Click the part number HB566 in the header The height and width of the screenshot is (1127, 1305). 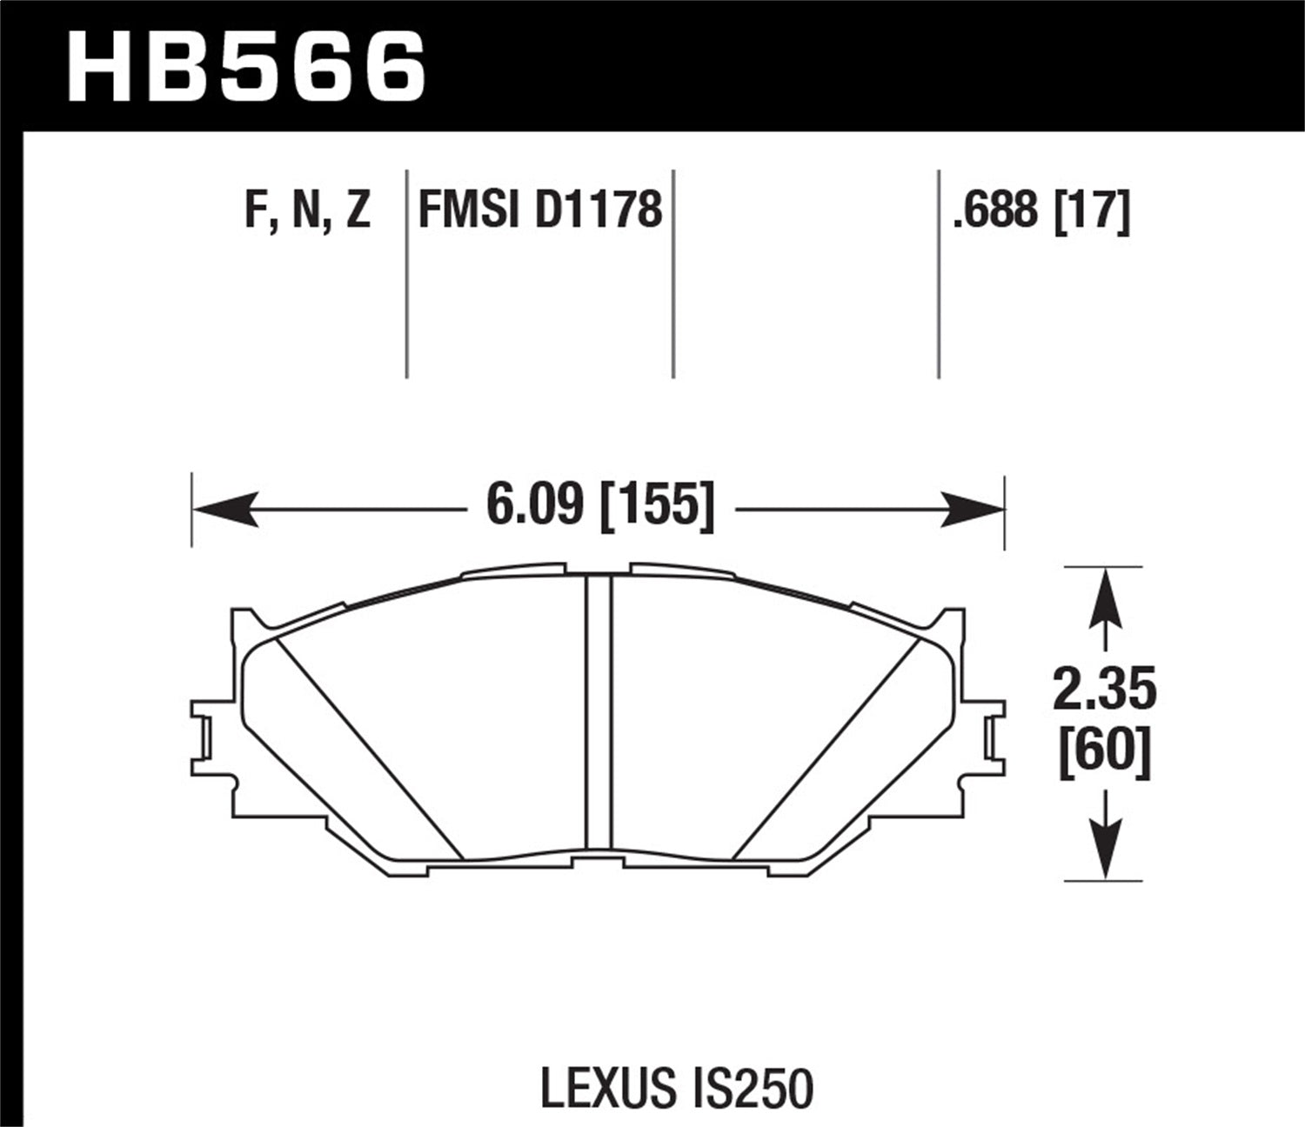click(246, 66)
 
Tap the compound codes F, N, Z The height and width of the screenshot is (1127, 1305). click(307, 210)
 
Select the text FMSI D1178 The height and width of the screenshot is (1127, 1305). click(540, 210)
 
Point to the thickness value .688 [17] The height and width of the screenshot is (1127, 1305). click(1041, 210)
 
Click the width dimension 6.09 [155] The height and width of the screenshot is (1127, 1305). click(600, 505)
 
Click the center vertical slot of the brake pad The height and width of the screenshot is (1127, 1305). click(599, 713)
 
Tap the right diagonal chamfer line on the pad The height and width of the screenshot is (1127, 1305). click(826, 748)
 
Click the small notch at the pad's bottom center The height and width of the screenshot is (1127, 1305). click(599, 861)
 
